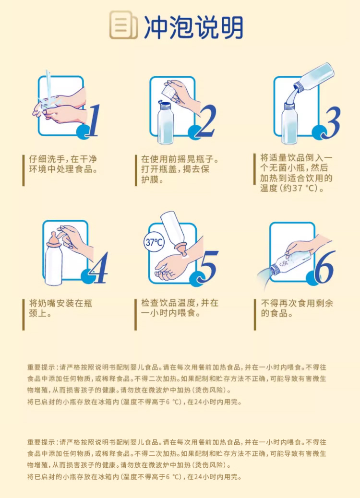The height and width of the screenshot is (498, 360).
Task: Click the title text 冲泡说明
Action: [x=194, y=27]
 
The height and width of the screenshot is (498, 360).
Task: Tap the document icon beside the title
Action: [x=123, y=25]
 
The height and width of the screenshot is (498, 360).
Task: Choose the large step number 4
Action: [x=99, y=267]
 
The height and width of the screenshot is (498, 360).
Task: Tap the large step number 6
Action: [x=325, y=266]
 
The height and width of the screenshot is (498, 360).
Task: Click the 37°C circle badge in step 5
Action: [x=154, y=242]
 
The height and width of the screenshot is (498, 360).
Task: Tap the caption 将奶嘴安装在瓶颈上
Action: [x=61, y=308]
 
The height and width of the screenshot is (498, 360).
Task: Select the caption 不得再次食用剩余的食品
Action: [x=297, y=308]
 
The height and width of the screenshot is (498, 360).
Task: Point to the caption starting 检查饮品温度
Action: [x=180, y=308]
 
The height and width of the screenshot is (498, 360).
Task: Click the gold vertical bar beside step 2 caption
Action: [x=136, y=170]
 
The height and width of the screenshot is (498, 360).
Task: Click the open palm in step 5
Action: [x=170, y=266]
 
